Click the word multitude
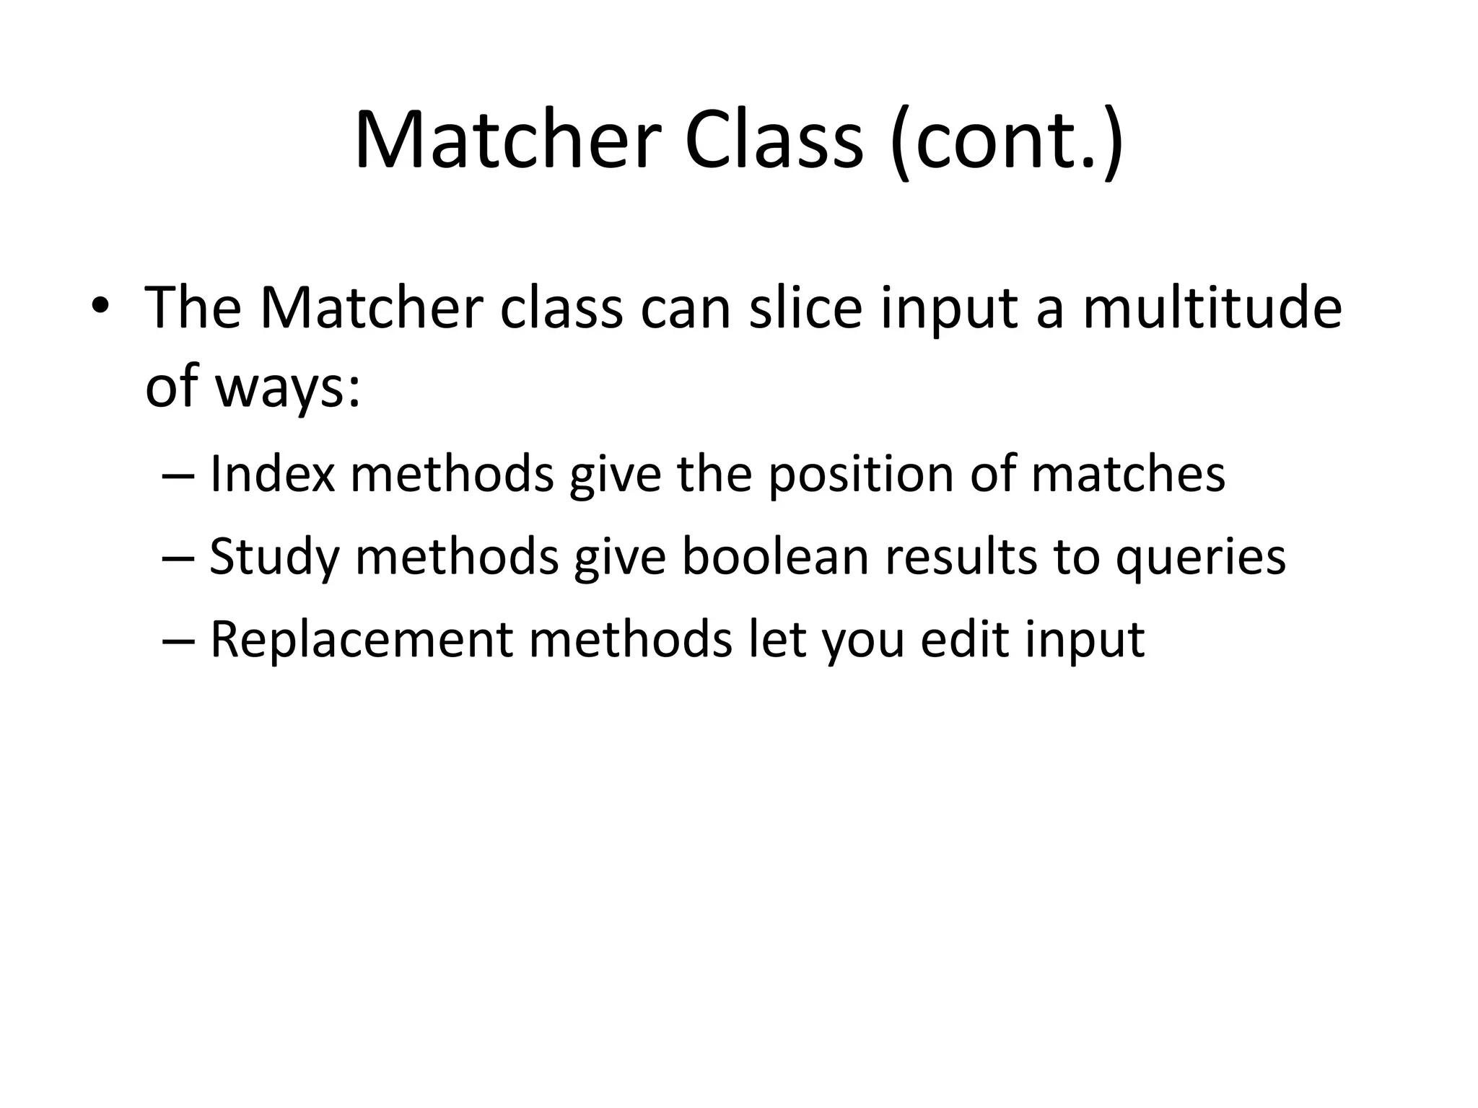pyautogui.click(x=1212, y=308)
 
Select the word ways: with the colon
pyautogui.click(x=287, y=387)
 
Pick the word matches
pyautogui.click(x=1128, y=474)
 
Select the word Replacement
pyautogui.click(x=361, y=640)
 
